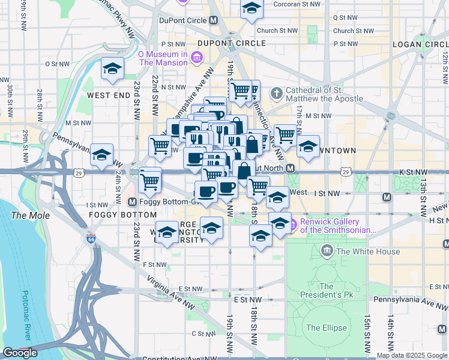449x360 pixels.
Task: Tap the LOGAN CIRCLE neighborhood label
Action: (420, 44)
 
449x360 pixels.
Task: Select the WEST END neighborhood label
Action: (109, 95)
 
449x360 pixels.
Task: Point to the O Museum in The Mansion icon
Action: (196, 58)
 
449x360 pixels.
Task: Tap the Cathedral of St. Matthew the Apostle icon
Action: (276, 93)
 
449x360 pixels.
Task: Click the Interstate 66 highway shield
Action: (91, 239)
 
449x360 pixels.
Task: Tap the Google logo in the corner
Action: (20, 353)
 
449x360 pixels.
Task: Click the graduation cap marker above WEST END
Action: (112, 69)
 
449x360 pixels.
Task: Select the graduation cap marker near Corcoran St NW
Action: (252, 7)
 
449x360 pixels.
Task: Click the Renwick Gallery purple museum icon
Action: (293, 226)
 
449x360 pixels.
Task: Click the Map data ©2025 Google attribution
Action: (412, 355)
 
